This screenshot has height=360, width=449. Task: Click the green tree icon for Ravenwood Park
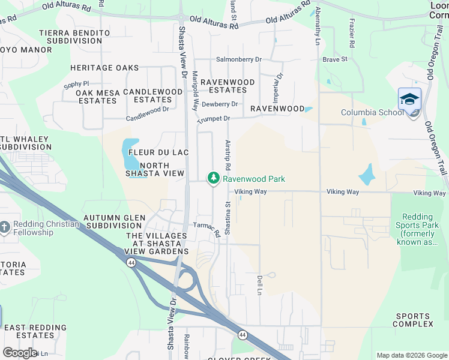(x=213, y=178)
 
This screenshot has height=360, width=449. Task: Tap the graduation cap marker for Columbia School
(x=409, y=99)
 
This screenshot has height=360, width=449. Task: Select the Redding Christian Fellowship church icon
(x=5, y=227)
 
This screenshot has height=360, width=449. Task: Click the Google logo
(x=20, y=353)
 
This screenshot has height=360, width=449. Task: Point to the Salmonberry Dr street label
(x=240, y=59)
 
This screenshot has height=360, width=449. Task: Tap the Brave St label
(x=335, y=59)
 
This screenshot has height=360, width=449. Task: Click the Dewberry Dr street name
(x=220, y=104)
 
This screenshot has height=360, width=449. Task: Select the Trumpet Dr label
(x=214, y=119)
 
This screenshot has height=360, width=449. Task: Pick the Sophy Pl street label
(x=76, y=84)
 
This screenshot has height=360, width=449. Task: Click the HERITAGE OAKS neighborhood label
(x=104, y=68)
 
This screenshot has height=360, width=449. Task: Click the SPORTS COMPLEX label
(x=413, y=320)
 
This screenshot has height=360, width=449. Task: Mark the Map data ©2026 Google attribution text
(x=411, y=355)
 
